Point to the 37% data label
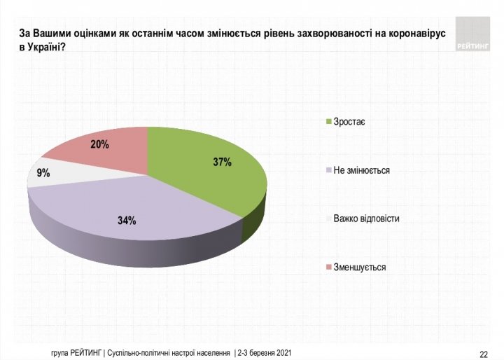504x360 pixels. pos(222,162)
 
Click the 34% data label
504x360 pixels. pos(127,221)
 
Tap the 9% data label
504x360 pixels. pos(43,173)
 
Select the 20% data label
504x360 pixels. pos(99,144)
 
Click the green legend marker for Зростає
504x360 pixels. pos(329,123)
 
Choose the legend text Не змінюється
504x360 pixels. pos(362,170)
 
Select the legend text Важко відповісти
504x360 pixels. pos(367,219)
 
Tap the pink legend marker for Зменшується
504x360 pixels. pos(329,267)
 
